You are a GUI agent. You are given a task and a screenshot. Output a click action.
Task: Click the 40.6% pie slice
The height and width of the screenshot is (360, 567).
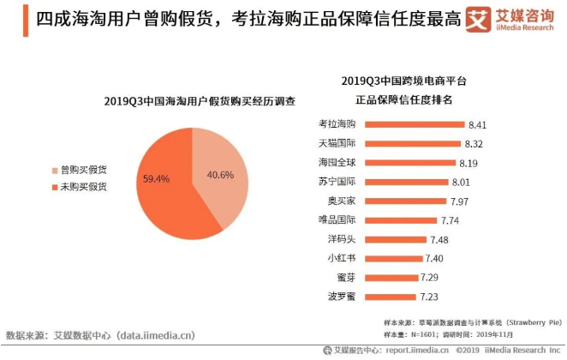pos(221,171)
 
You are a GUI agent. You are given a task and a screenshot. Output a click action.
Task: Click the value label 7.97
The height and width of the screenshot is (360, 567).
pos(461,201)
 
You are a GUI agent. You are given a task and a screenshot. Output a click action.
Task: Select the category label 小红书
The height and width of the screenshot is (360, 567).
pos(340,258)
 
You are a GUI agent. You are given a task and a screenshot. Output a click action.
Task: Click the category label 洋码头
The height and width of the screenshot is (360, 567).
pos(340,239)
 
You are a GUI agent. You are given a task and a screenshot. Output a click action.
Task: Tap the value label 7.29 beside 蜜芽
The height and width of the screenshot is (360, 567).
pos(431,278)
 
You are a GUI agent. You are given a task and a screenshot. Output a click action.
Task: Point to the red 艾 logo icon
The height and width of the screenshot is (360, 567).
pos(476,20)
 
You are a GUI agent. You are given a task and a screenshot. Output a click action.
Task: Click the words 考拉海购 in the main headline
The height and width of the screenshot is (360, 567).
pos(269,19)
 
